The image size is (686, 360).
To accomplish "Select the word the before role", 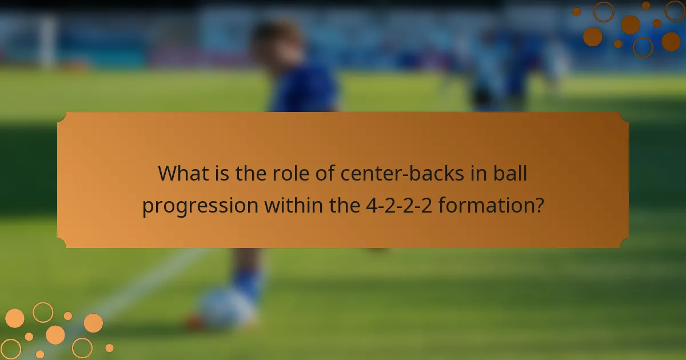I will (250, 173).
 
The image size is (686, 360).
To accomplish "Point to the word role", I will (292, 173).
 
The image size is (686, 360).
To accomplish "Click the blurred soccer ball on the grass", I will (226, 309).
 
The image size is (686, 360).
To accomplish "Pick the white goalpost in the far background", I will (49, 43).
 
